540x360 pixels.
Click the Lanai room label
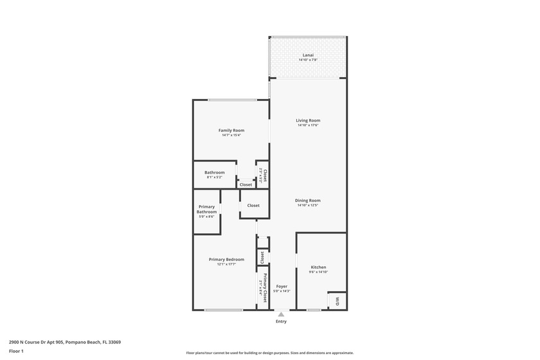(308, 55)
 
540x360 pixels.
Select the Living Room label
(308, 120)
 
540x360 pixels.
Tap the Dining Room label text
(308, 201)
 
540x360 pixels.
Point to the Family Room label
(231, 130)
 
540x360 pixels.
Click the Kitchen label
(318, 267)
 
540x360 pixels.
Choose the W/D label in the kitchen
(337, 300)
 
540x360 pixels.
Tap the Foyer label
(282, 286)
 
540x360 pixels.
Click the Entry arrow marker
(281, 314)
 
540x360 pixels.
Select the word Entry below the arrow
(281, 321)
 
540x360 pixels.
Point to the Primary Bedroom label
(226, 259)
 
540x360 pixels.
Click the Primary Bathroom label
(206, 209)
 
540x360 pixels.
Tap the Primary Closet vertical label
(265, 283)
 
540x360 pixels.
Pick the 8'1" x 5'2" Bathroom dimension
(215, 177)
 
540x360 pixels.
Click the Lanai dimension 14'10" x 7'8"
(308, 60)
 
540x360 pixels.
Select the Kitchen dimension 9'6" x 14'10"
(318, 272)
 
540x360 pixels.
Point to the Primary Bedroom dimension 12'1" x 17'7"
(226, 264)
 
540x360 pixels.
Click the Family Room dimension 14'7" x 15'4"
(231, 135)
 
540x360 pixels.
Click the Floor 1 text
(16, 351)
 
